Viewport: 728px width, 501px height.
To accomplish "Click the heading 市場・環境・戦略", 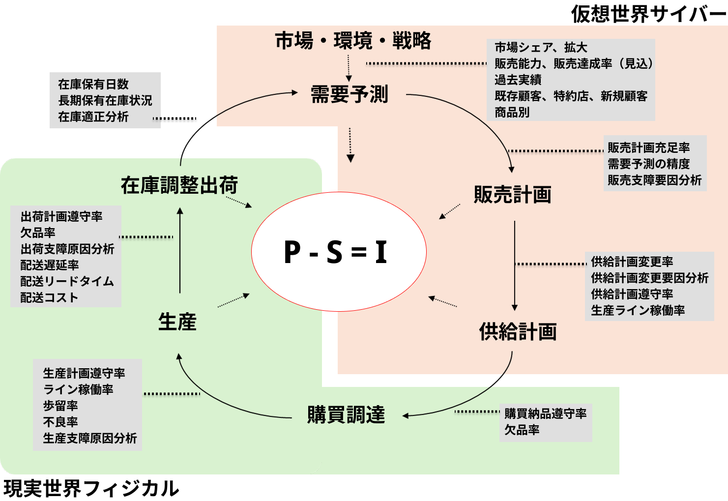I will (353, 41).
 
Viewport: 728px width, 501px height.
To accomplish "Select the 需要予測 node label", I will (349, 94).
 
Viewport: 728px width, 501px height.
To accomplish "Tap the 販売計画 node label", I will (512, 195).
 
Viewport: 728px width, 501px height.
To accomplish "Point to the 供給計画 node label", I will (518, 332).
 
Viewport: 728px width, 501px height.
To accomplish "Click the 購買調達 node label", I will (346, 414).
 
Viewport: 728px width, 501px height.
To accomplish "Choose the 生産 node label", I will (177, 322).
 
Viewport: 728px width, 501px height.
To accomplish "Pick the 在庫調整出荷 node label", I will (179, 185).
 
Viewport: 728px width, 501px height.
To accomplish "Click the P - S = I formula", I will (336, 252).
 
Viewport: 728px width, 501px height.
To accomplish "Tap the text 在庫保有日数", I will (93, 84).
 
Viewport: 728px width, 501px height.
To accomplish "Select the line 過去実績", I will (518, 80).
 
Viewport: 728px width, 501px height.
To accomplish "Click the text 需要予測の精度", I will (648, 164).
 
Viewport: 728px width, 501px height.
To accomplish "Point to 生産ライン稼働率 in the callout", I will (638, 310).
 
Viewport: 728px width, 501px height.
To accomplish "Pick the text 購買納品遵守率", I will (545, 413).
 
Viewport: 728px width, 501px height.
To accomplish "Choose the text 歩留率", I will (60, 406).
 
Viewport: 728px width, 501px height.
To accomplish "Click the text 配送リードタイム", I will (67, 281).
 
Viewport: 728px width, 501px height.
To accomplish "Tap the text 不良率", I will (60, 422).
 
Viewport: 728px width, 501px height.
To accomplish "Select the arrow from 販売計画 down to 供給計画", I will (515, 265).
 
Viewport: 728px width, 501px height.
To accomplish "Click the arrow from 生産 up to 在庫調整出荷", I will (180, 251).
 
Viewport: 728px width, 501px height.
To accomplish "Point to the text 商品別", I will (512, 112).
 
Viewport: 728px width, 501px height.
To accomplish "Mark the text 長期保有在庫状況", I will (105, 100).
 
